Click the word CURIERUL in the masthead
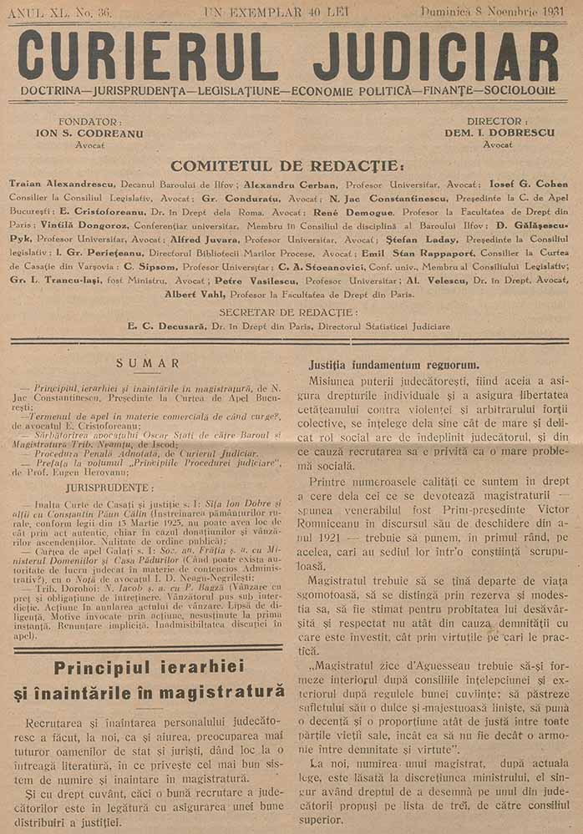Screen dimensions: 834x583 (x=148, y=55)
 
